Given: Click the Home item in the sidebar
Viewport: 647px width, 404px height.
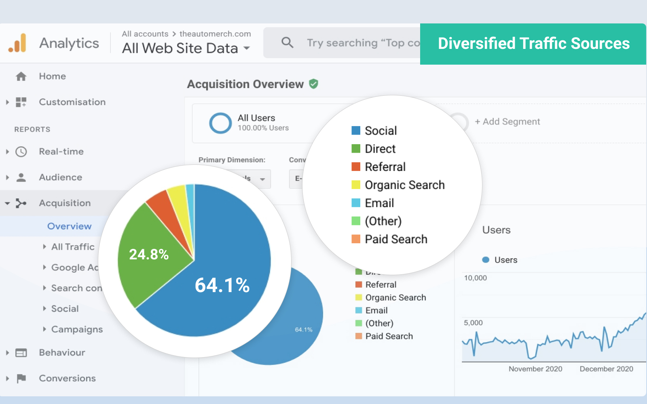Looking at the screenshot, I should pyautogui.click(x=52, y=76).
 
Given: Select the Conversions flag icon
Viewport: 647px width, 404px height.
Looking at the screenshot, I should pyautogui.click(x=21, y=379).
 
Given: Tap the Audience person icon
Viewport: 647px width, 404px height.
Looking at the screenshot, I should pyautogui.click(x=21, y=177).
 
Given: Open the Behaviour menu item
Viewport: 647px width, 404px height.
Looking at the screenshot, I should pyautogui.click(x=62, y=353).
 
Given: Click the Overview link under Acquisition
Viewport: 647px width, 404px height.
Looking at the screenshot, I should pyautogui.click(x=70, y=226).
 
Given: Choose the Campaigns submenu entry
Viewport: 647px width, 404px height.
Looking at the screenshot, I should pyautogui.click(x=77, y=329).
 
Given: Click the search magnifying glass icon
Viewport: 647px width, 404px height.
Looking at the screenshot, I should pyautogui.click(x=287, y=42).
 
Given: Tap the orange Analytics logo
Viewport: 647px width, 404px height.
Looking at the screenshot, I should pyautogui.click(x=17, y=43).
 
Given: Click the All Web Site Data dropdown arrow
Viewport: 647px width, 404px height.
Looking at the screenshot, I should pyautogui.click(x=247, y=48).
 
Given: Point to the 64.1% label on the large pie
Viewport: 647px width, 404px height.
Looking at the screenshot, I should pyautogui.click(x=222, y=285).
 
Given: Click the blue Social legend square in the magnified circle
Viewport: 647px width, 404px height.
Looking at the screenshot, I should pyautogui.click(x=356, y=130).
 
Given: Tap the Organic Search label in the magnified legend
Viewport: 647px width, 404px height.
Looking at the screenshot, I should pyautogui.click(x=404, y=185).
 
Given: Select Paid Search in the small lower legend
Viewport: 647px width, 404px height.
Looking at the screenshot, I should pyautogui.click(x=389, y=336).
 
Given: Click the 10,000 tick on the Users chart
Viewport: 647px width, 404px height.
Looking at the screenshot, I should pyautogui.click(x=475, y=278).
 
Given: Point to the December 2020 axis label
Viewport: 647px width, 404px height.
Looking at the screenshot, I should pyautogui.click(x=606, y=369).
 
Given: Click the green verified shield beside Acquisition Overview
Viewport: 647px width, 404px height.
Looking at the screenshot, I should pyautogui.click(x=313, y=84).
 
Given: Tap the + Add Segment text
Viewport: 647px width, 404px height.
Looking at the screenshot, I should pyautogui.click(x=507, y=122).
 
